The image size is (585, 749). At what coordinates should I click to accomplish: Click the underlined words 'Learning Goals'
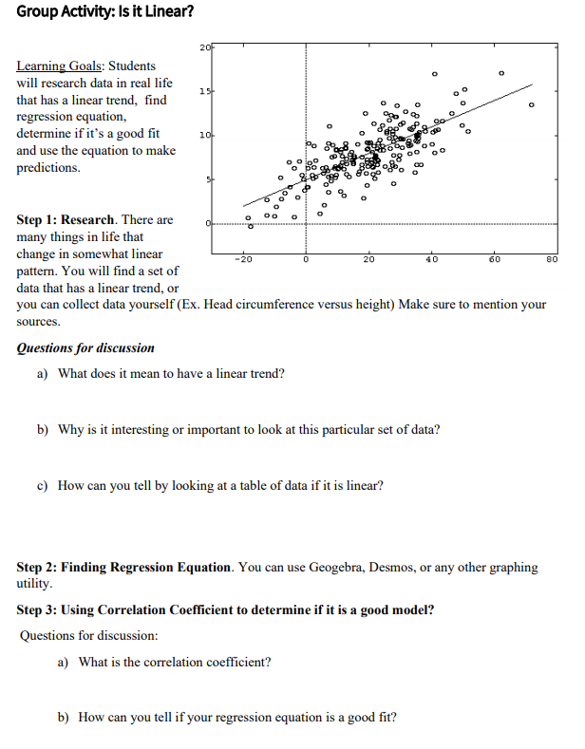coord(60,66)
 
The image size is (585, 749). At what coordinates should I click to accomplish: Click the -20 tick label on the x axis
coord(244,258)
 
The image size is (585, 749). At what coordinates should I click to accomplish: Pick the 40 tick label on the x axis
coord(430,258)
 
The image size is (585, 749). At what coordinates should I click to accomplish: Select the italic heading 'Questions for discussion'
coord(85,347)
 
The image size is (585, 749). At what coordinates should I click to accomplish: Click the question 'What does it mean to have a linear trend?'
coord(171,373)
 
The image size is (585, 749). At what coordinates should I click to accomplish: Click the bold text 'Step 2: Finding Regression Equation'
coord(124,567)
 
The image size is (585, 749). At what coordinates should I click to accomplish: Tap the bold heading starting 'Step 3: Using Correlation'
coord(226,609)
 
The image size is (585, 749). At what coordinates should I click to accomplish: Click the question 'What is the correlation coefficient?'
coord(175,662)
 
